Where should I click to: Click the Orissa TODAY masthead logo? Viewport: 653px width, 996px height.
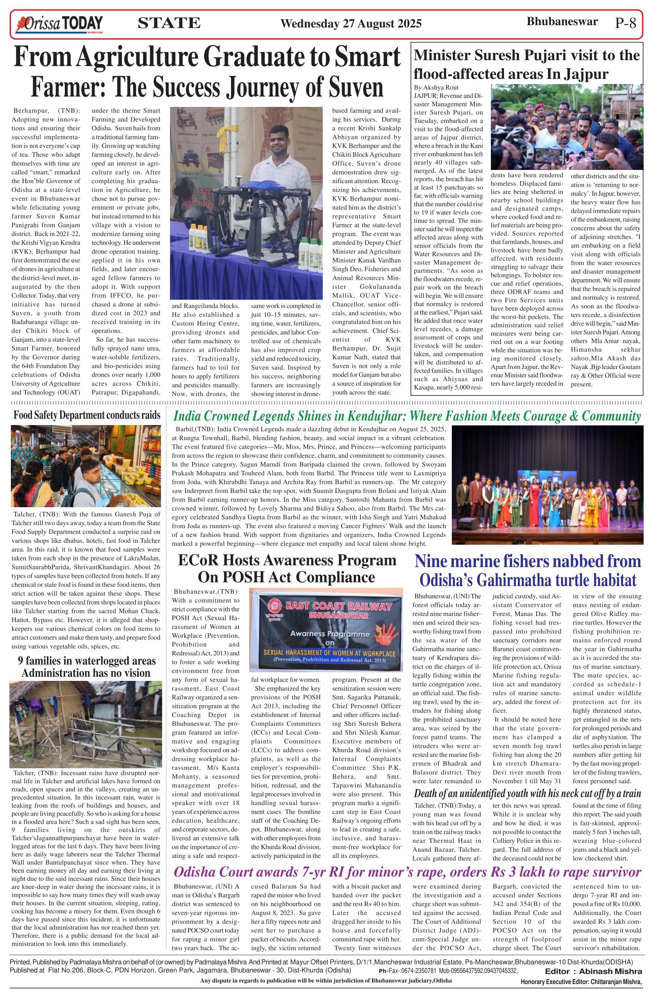[x=59, y=23]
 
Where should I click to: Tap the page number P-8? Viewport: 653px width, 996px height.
[x=625, y=23]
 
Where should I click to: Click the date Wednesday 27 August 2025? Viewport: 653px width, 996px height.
[x=351, y=23]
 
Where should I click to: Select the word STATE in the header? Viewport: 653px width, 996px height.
[x=169, y=23]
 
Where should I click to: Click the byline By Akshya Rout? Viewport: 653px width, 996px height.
[x=436, y=87]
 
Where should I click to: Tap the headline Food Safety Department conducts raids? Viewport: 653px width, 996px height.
[x=87, y=415]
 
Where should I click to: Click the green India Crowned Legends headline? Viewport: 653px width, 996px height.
[x=406, y=416]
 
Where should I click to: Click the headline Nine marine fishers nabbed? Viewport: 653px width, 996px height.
[x=527, y=570]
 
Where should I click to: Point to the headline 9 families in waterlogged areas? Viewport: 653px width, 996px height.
[x=86, y=667]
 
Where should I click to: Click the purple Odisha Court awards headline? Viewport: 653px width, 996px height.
[x=407, y=872]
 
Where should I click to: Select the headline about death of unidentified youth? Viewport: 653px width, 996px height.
[x=527, y=793]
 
